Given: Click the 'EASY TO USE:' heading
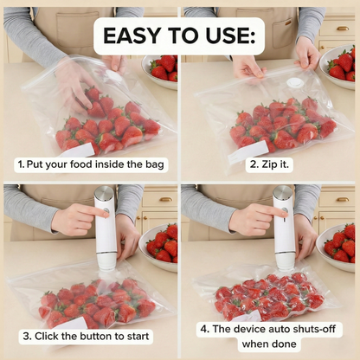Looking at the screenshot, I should pyautogui.click(x=179, y=35).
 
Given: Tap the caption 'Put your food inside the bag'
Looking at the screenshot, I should pyautogui.click(x=93, y=163).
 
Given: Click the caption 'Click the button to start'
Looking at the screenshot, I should pyautogui.click(x=93, y=335).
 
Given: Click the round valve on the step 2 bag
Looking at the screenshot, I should pyautogui.click(x=295, y=84).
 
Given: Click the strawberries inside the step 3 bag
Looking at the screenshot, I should pyautogui.click(x=95, y=299).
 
